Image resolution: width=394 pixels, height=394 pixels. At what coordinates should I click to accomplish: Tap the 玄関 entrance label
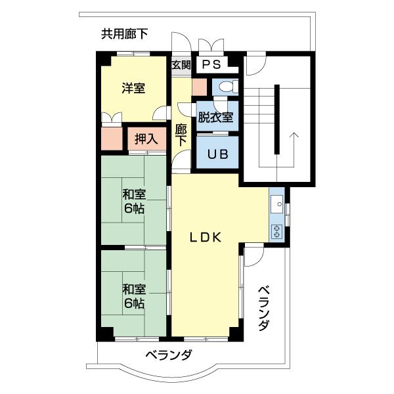coord(181,65)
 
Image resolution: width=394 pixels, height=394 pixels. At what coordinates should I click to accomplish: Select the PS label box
coord(211,64)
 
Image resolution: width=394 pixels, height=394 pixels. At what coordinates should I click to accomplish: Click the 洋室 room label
coord(133,89)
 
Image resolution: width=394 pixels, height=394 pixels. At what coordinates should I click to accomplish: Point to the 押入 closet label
coord(146,139)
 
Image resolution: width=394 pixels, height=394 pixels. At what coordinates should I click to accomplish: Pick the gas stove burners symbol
coord(276,231)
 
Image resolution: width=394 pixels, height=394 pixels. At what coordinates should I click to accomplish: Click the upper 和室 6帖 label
coord(133,202)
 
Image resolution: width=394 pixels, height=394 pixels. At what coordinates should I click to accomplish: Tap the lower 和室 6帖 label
coord(133,296)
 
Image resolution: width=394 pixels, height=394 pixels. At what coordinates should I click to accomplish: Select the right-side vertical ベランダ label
coord(264,308)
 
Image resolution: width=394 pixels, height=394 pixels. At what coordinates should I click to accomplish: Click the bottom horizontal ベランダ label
coord(169,355)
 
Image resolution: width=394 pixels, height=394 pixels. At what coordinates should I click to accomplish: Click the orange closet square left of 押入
coord(112,139)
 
